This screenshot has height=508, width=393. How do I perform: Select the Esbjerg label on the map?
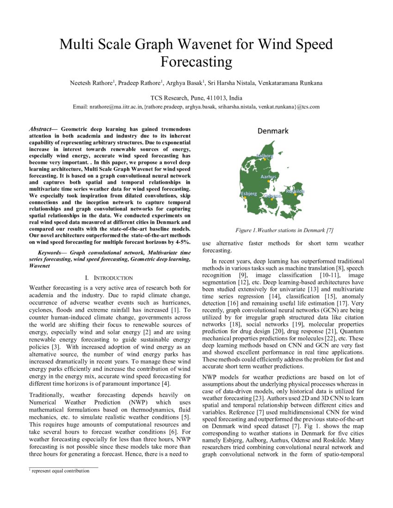248,194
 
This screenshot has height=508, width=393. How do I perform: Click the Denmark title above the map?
273,131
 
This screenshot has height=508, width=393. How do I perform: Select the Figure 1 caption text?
284,230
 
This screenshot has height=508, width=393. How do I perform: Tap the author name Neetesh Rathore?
91,83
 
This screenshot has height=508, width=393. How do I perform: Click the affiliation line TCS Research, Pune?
196,98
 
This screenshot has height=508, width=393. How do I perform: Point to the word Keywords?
52,253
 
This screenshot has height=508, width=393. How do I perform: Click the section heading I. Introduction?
109,278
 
